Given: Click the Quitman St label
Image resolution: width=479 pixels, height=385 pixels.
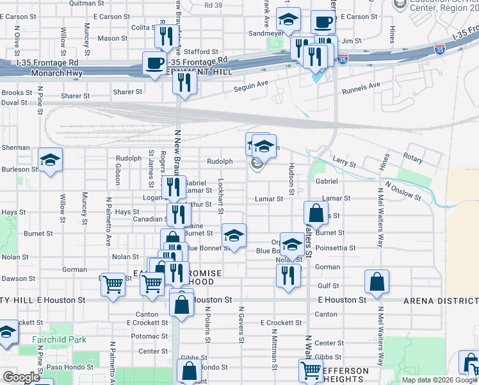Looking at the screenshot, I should (81, 3).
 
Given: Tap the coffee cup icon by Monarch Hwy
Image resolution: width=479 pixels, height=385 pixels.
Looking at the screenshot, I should (154, 64).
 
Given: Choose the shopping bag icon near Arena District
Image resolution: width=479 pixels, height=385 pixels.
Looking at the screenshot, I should (377, 282).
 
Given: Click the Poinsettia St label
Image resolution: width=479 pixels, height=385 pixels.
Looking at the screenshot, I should (335, 248).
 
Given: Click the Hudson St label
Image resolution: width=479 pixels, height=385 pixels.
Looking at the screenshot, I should (291, 178).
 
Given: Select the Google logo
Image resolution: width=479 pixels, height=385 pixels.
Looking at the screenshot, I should (21, 377).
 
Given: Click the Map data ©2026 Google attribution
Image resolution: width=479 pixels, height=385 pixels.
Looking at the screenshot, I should (439, 380).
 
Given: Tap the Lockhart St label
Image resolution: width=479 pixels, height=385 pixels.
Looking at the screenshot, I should (220, 196).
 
